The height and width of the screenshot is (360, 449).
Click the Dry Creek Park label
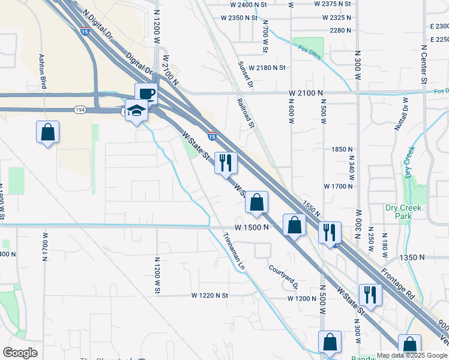pyautogui.click(x=403, y=212)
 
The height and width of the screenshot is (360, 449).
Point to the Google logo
pyautogui.click(x=20, y=353)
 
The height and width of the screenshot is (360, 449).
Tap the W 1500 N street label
pyautogui.click(x=250, y=228)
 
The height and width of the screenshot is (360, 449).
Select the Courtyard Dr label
pyautogui.click(x=283, y=276)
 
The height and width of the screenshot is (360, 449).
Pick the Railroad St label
pyautogui.click(x=246, y=113)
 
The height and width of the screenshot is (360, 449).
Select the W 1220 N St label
pyautogui.click(x=210, y=296)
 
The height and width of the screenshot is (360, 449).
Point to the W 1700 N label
pyautogui.click(x=338, y=187)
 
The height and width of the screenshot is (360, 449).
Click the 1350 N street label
pyautogui.click(x=412, y=257)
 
